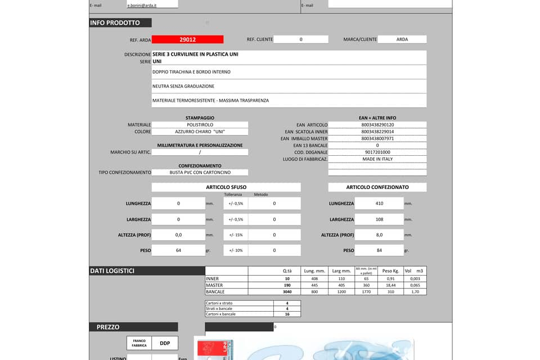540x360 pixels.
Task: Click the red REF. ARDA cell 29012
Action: point(187,39)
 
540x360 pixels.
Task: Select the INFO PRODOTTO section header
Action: point(115,23)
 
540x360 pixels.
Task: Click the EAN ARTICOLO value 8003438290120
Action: point(377,125)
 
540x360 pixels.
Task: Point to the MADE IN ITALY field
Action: point(377,159)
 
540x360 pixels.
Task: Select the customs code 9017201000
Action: point(377,152)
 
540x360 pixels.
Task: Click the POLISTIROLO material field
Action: point(200,125)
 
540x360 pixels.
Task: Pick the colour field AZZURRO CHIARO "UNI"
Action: point(200,132)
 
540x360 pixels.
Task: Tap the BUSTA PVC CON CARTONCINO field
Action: point(200,173)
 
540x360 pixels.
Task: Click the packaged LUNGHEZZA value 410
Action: point(379,204)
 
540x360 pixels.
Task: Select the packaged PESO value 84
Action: point(379,250)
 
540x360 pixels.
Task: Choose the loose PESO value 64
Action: point(178,250)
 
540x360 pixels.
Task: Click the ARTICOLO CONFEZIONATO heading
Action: point(377,187)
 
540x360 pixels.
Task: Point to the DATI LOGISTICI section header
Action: point(112,271)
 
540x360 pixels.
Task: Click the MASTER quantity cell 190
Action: point(287,285)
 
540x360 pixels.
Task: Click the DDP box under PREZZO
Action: point(165,343)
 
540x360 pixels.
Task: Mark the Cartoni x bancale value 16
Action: point(286,314)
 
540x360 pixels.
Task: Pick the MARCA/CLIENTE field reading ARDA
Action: point(402,39)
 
